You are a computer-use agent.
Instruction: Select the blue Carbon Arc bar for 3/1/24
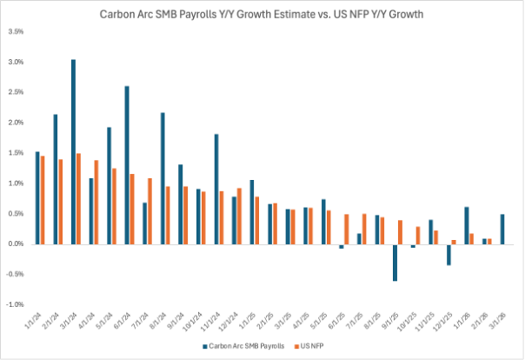[x=73, y=152]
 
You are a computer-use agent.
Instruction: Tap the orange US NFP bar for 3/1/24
[x=79, y=199]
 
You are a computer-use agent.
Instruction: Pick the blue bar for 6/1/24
[x=128, y=165]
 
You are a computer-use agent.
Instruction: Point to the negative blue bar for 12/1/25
[x=449, y=254]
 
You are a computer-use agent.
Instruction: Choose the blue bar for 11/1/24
[x=217, y=189]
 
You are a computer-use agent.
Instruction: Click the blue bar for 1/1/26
[x=467, y=225]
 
